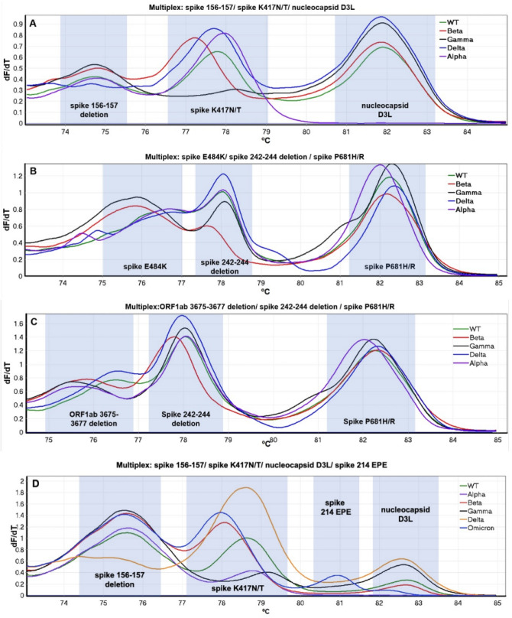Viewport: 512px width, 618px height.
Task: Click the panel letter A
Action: (33, 23)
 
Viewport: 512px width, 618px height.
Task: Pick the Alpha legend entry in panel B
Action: (469, 209)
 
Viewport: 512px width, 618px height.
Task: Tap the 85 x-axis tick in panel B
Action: (497, 284)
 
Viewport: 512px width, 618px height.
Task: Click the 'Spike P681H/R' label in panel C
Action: (371, 421)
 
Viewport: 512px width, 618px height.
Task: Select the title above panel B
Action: (259, 158)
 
